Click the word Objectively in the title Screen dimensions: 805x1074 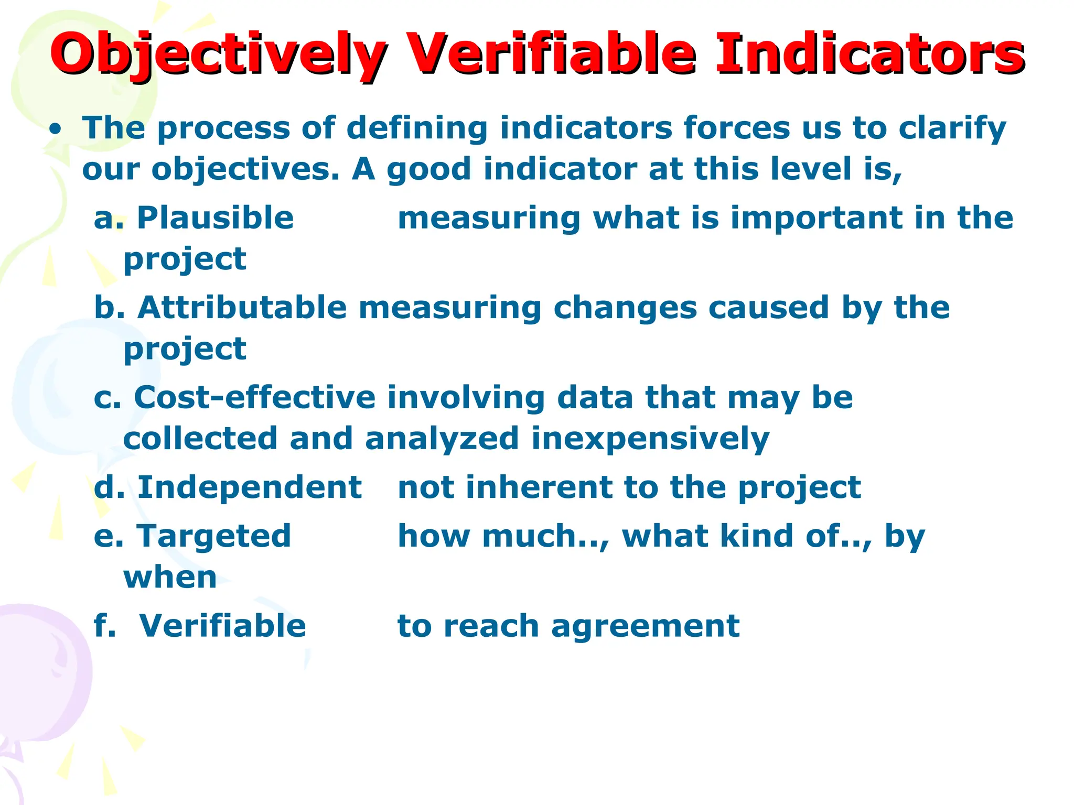(218, 55)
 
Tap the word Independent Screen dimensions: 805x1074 (249, 487)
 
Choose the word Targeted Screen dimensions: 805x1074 (213, 536)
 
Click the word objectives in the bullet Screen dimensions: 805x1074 (245, 170)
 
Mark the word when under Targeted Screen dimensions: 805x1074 (170, 577)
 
